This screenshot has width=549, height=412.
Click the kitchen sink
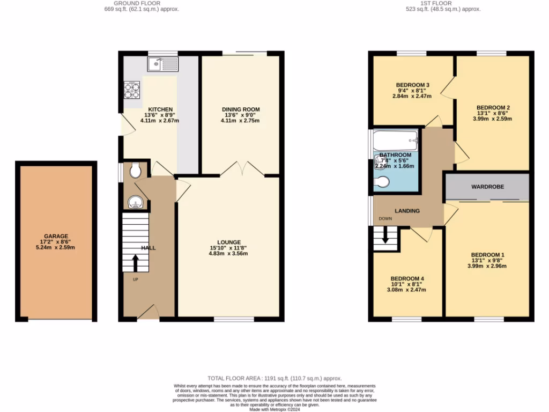[x=162, y=65]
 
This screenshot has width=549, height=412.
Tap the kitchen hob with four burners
[x=132, y=90]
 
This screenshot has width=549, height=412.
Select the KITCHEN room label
[x=160, y=109]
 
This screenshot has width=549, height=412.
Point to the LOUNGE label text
[x=229, y=242]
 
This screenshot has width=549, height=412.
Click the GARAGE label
[x=56, y=236]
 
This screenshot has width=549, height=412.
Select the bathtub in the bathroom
[x=396, y=141]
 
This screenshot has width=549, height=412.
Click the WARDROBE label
[x=487, y=187]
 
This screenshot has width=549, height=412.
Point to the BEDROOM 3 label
[x=413, y=85]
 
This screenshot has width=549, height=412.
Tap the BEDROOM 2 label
[x=493, y=107]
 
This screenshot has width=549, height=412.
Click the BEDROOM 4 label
[x=407, y=278]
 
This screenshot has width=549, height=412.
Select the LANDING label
[x=407, y=211]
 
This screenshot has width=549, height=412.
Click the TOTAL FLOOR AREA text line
[x=274, y=378]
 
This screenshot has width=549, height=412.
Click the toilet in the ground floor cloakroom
[x=136, y=171]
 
